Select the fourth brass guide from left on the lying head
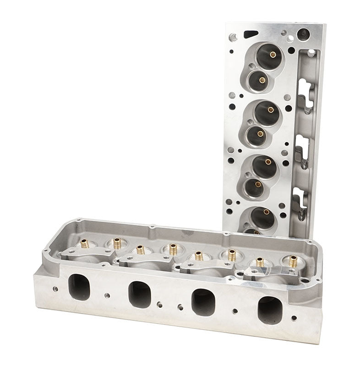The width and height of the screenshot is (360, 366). click(173, 249)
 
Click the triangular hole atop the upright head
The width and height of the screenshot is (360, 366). click(252, 33)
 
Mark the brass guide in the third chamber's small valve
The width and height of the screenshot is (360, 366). click(257, 185)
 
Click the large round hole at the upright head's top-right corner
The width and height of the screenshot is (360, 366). click(303, 33)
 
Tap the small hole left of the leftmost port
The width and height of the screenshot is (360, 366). click(55, 289)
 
